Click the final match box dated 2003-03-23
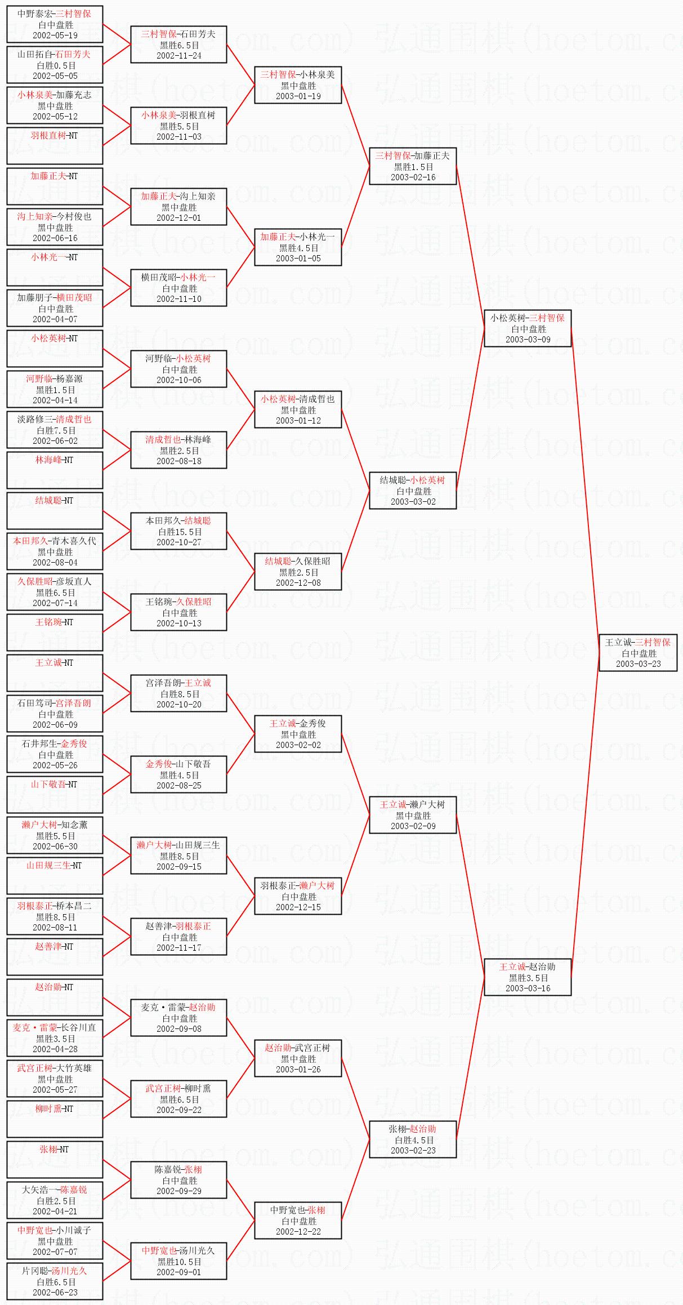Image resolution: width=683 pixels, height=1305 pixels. [x=638, y=652]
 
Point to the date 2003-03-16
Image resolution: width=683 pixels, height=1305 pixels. [x=528, y=988]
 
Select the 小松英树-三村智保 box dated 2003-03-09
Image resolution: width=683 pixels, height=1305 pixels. [x=528, y=328]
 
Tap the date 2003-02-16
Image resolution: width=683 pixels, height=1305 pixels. [x=413, y=177]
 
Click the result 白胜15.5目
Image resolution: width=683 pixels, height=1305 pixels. [x=179, y=532]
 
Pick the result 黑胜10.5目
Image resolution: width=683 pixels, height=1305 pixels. [x=179, y=1262]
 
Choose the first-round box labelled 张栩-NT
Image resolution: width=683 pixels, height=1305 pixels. [x=55, y=1160]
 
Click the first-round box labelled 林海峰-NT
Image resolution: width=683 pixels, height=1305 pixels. [x=55, y=470]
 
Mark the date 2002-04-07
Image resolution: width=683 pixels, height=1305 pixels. [x=55, y=319]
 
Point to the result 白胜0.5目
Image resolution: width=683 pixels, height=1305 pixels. [x=55, y=65]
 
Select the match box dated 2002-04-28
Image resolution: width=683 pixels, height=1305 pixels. [x=55, y=1038]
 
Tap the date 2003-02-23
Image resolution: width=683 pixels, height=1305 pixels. [x=413, y=1150]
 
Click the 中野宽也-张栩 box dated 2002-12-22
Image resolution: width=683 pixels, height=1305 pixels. [x=298, y=1221]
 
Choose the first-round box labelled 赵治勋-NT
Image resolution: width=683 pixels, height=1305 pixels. [x=55, y=997]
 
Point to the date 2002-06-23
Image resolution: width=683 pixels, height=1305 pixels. [x=55, y=1292]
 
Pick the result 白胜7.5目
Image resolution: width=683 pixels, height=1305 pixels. [x=55, y=430]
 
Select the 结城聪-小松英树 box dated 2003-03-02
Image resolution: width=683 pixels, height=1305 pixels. [x=413, y=491]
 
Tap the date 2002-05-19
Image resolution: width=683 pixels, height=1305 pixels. [x=55, y=35]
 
